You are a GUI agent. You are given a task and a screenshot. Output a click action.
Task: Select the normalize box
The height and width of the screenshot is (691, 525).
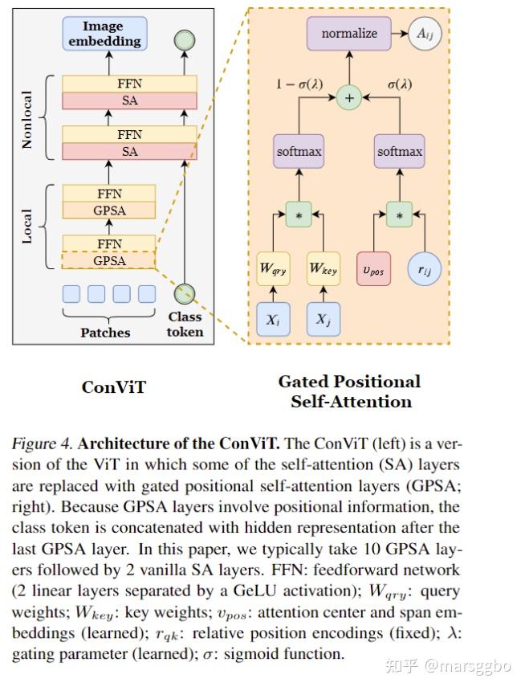click(348, 34)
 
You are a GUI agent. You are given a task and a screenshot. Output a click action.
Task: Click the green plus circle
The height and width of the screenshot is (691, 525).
click(348, 98)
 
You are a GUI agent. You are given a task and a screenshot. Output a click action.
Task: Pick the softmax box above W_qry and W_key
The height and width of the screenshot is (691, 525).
click(299, 151)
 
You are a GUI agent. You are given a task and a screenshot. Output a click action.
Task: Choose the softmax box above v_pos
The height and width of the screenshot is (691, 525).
click(400, 151)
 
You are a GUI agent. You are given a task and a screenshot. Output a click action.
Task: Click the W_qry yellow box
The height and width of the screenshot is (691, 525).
click(273, 269)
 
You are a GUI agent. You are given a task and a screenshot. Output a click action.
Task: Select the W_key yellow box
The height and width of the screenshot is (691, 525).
click(324, 269)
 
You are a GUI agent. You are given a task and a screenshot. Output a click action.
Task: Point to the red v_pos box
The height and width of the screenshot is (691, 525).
click(373, 270)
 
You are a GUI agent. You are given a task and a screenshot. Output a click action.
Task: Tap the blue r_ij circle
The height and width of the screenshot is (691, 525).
click(425, 270)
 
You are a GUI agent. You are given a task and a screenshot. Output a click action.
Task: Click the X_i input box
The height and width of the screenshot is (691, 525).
click(273, 319)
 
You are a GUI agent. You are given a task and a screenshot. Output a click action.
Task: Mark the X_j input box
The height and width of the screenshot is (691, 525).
click(324, 319)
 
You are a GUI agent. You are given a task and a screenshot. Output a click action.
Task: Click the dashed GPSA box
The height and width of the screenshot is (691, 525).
click(109, 261)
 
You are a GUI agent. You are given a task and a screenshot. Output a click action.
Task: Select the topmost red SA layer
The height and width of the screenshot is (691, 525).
click(129, 100)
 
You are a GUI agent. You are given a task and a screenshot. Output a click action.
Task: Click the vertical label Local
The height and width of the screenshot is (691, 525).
click(28, 227)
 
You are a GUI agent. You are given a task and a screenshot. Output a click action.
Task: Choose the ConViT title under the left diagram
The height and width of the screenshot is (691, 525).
click(114, 387)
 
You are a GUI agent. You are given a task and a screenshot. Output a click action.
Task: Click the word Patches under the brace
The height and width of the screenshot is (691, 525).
click(105, 331)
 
